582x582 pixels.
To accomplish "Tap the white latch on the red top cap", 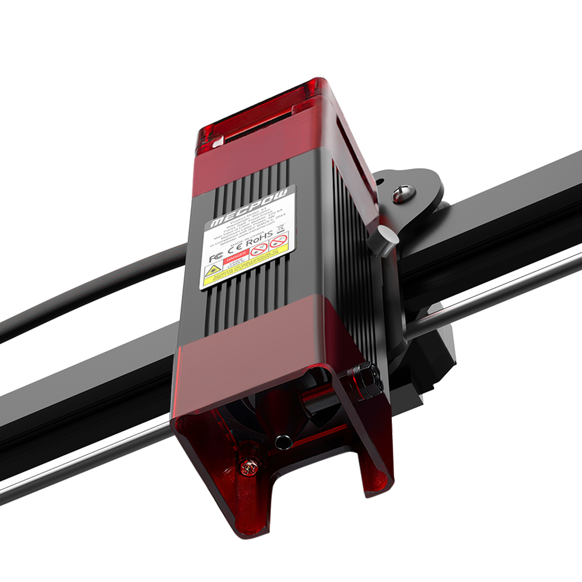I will pos(218,142).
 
